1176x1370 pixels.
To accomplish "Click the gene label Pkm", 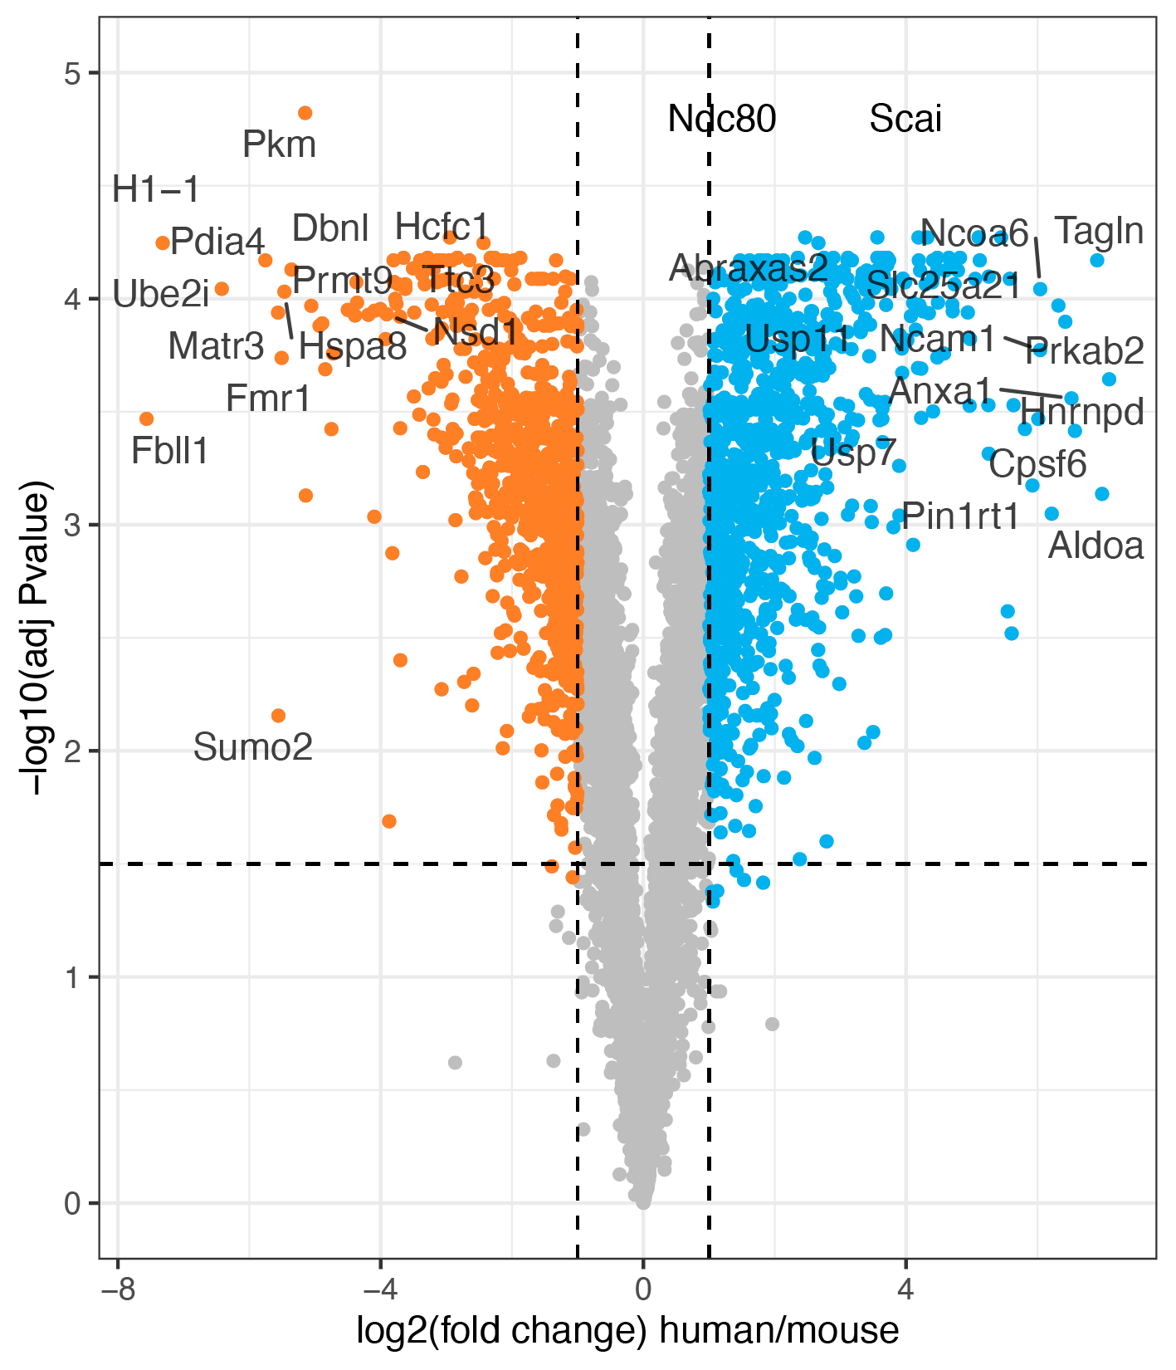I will pos(279,145).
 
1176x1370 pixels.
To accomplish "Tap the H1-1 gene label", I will pos(156,190).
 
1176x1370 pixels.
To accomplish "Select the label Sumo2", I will pos(253,748).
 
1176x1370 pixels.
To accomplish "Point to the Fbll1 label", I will pos(170,452).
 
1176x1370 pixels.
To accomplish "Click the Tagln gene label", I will pos(1099,232).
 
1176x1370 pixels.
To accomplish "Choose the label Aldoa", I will pos(1095,546).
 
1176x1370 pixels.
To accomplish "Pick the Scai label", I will pos(905,120).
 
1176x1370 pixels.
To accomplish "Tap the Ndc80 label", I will pos(722,120).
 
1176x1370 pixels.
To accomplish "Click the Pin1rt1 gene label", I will pos(960,517).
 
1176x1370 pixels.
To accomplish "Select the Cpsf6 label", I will pos(1037,464).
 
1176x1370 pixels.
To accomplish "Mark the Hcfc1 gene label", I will pos(442,227).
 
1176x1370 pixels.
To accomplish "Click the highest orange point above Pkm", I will pos(305,113).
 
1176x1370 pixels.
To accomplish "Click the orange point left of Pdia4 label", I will pos(163,242).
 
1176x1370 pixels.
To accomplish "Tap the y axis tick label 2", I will pos(72,751).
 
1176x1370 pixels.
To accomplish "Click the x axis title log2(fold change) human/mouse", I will pos(627,1331).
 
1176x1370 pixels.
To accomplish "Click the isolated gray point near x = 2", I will pos(772,1024).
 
